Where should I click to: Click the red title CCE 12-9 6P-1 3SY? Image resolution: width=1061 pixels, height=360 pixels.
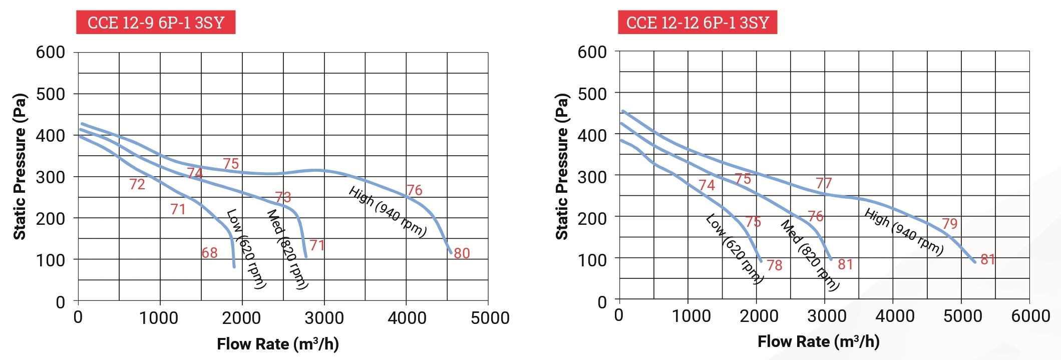point(156,23)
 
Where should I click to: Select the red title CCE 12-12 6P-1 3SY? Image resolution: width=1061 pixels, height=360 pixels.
point(697,23)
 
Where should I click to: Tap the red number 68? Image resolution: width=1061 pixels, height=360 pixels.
point(209,253)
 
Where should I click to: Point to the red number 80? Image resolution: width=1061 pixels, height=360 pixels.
point(462,253)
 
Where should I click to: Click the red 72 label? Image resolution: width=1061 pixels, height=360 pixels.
point(137,185)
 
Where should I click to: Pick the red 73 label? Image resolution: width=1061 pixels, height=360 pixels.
point(283,197)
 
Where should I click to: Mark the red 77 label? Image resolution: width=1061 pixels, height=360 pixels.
point(824,183)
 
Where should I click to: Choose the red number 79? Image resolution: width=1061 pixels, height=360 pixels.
point(949,223)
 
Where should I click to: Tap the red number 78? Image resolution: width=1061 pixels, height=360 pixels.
point(774,265)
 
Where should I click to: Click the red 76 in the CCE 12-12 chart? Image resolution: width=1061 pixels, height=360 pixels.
point(815,216)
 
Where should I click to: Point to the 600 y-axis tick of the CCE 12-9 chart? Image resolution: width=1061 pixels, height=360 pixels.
point(50,52)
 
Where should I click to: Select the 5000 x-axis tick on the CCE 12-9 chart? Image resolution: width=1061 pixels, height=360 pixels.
point(490,318)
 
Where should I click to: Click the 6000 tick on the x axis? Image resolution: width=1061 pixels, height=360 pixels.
point(1030,316)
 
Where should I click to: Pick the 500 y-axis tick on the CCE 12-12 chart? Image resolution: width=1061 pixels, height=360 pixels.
point(592,94)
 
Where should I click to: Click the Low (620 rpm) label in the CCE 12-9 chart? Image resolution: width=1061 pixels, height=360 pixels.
point(246,249)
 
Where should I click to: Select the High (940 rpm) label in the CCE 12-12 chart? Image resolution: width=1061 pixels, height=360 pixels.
point(904,232)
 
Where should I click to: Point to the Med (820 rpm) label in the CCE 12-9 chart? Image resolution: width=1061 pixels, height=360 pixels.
point(287,249)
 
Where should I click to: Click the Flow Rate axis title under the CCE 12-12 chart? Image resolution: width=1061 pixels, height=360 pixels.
point(818,341)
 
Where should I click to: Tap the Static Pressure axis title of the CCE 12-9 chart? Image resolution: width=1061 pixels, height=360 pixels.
point(20,166)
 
